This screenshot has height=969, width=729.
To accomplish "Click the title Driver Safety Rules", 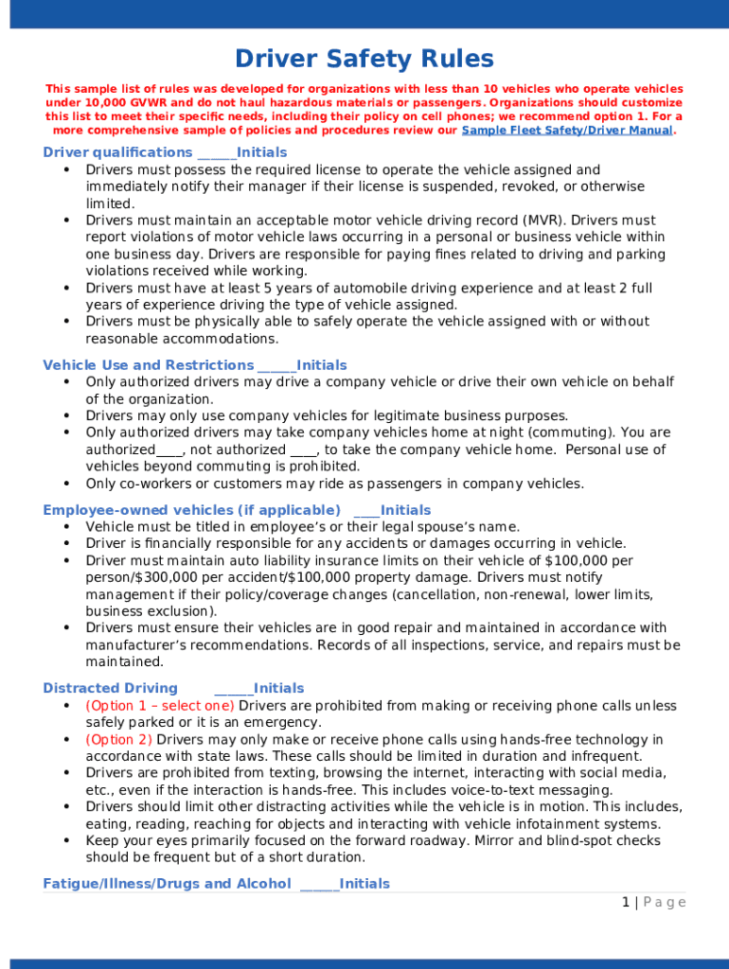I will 364,60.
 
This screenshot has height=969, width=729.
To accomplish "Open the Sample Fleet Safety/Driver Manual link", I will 566,131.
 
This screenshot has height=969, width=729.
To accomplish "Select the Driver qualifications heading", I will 117,152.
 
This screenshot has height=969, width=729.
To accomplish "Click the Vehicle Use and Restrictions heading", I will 149,365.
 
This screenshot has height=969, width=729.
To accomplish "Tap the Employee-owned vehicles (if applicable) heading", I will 191,510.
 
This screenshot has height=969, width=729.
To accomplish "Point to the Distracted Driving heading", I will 110,688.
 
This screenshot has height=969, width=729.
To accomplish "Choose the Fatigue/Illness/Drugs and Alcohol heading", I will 167,884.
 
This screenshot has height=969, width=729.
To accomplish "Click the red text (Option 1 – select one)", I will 160,706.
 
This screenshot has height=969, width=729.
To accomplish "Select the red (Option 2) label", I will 118,739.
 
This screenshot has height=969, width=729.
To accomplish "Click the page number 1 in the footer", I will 626,903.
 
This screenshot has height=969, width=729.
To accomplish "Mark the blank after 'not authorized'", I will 304,450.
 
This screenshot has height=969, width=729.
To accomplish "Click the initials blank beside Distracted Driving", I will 233,690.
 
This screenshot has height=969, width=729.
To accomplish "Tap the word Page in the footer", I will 665,903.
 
